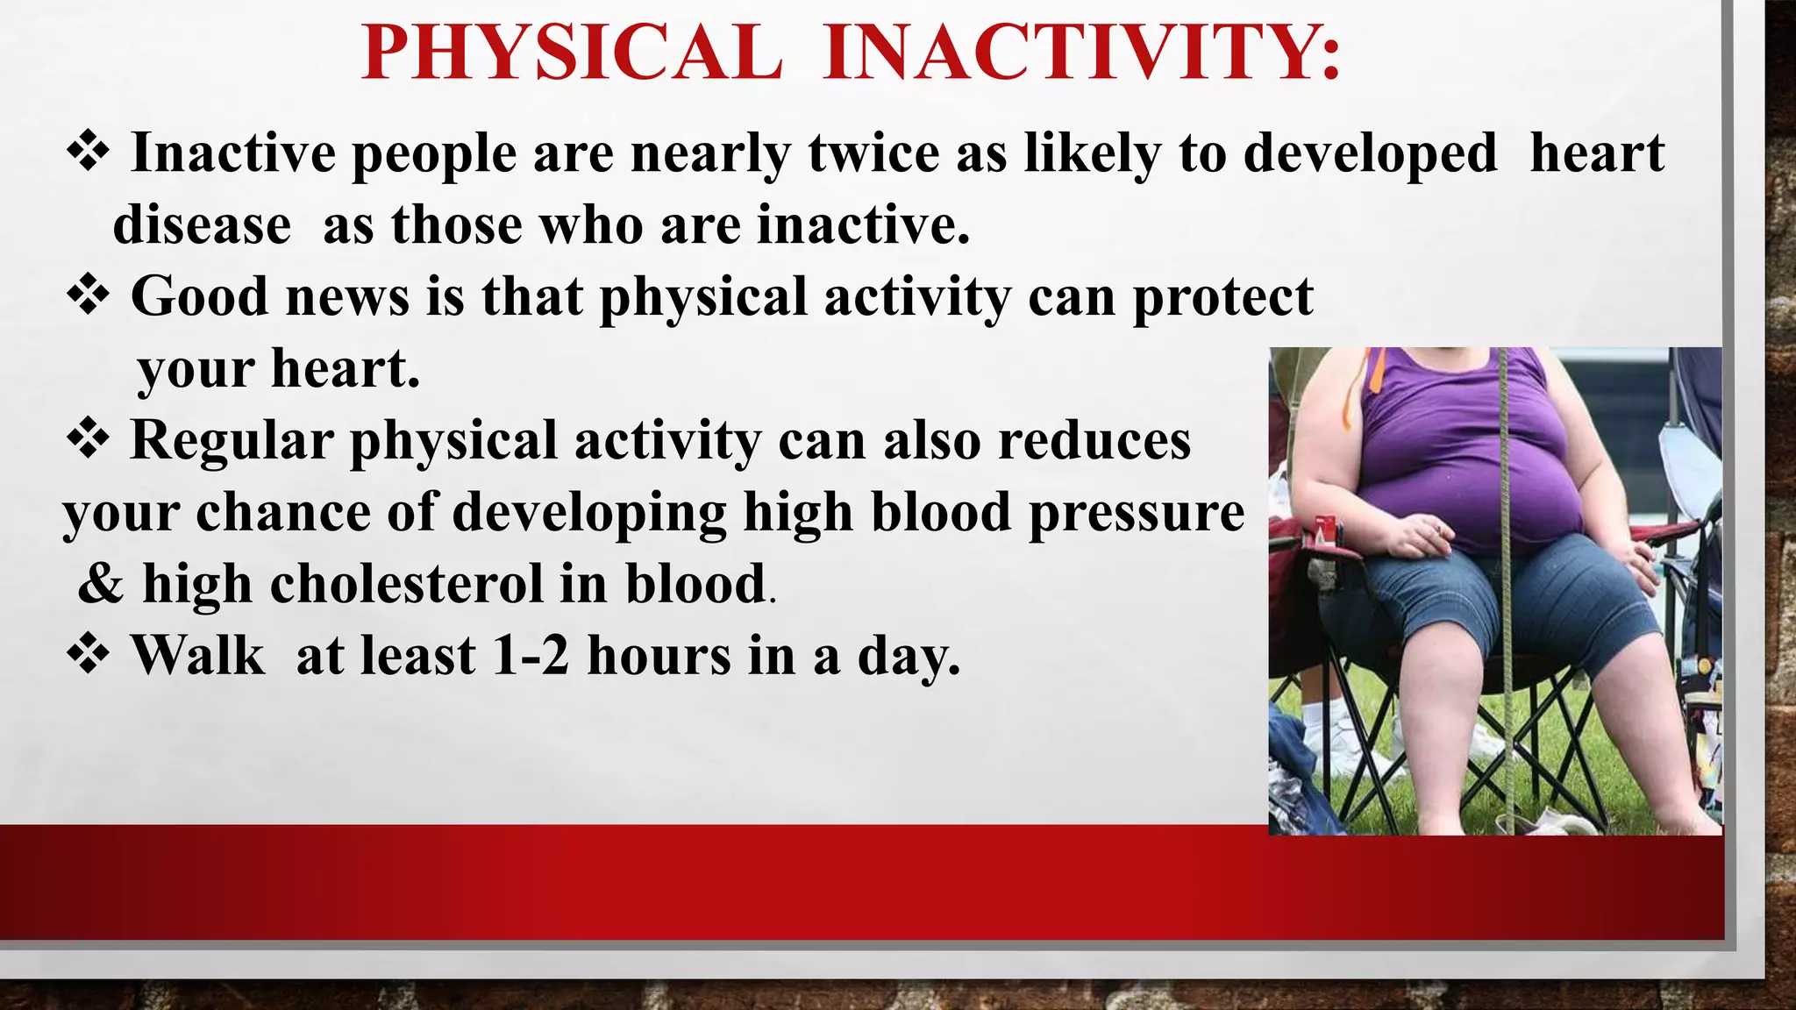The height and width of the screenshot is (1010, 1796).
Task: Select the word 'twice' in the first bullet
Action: pyautogui.click(x=873, y=153)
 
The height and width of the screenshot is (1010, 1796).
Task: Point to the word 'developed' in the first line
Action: pyautogui.click(x=1370, y=155)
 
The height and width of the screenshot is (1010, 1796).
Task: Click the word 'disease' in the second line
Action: pyautogui.click(x=202, y=225)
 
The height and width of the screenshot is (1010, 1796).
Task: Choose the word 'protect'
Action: pyautogui.click(x=1222, y=298)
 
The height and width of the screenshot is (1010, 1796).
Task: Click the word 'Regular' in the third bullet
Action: pyautogui.click(x=232, y=440)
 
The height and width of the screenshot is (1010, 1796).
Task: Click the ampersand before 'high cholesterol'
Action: pyautogui.click(x=100, y=584)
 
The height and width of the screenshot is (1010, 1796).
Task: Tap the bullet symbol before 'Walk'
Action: pyautogui.click(x=88, y=654)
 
